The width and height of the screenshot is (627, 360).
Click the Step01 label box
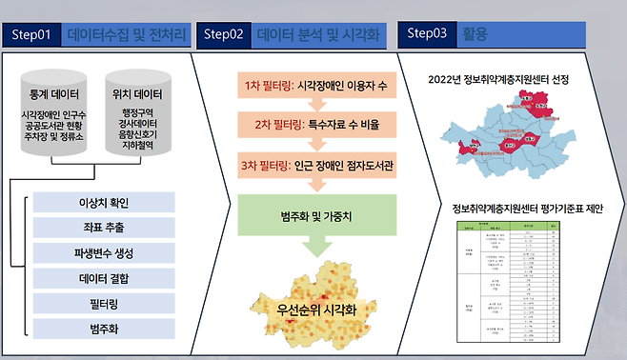(x=32, y=34)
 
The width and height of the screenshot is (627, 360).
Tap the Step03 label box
(x=427, y=32)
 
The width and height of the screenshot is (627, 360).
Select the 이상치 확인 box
(x=104, y=203)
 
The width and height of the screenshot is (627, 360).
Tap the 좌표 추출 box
(x=104, y=228)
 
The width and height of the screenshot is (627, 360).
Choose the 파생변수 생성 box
(x=104, y=252)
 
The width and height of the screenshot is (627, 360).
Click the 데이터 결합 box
(x=104, y=278)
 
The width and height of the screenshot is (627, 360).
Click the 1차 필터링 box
(x=302, y=84)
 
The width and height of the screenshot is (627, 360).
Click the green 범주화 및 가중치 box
(x=302, y=218)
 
